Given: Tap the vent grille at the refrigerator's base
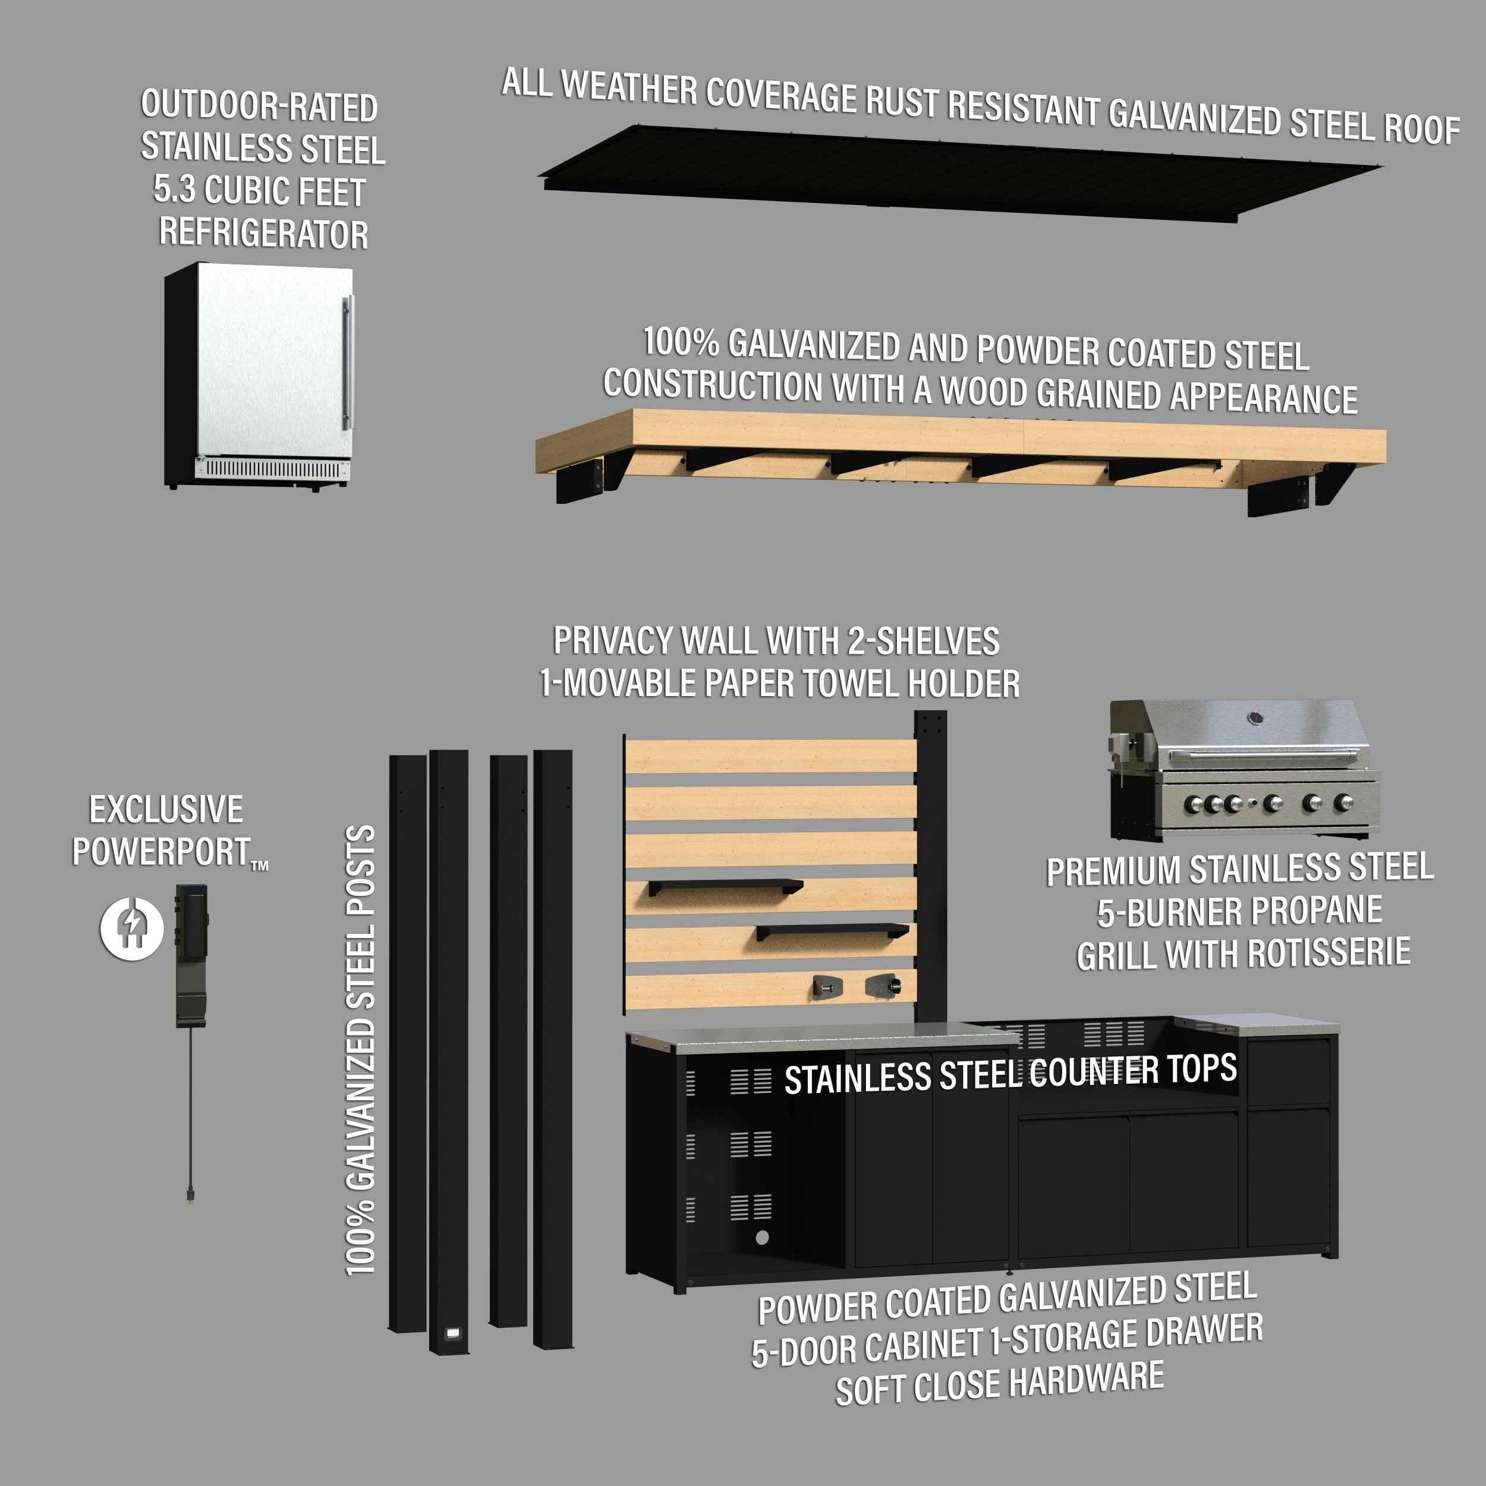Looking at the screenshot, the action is pyautogui.click(x=273, y=468).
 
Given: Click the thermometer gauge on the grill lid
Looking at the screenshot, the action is pyautogui.click(x=1255, y=719).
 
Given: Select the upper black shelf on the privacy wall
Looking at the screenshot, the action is pyautogui.click(x=724, y=887).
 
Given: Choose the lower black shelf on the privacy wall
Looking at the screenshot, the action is pyautogui.click(x=832, y=931).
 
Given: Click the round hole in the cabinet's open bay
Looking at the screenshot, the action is pyautogui.click(x=761, y=1237).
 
